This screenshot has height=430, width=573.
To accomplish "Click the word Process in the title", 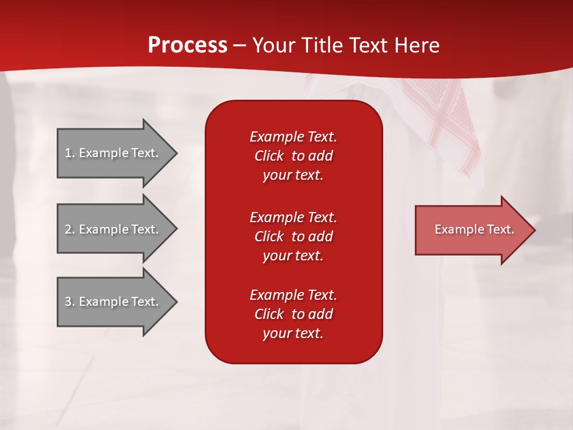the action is point(187,45).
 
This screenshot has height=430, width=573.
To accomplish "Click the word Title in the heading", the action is point(322,45).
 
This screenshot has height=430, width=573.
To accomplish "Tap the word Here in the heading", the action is point(417,45).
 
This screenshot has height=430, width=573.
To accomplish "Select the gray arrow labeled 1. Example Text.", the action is point(118,153).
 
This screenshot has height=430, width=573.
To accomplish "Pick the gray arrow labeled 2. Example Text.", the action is point(118,229).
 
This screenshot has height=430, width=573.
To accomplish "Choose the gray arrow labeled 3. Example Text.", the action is point(118,302).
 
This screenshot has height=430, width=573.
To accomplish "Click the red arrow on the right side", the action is point(476,230).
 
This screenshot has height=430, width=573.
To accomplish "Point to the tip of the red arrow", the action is point(536,230).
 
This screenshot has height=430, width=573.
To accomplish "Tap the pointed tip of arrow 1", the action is point(178,153).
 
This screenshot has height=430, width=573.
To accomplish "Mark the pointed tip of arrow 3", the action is point(178,302).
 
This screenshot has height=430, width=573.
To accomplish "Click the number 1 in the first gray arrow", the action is point(68,153).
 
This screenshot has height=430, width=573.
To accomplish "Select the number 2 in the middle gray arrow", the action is point(68,229).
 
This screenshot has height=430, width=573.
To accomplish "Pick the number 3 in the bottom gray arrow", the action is point(68,302).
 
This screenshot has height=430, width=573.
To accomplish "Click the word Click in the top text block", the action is point(269,156).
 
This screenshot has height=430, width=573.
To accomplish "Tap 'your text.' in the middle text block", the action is point(293,256).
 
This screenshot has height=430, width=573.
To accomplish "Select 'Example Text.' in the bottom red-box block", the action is point(294,294).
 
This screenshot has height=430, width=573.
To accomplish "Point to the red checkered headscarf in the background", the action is point(442,121).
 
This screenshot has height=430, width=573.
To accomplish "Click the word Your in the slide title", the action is point(274,45).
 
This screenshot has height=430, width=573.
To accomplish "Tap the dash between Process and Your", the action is point(239,47).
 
